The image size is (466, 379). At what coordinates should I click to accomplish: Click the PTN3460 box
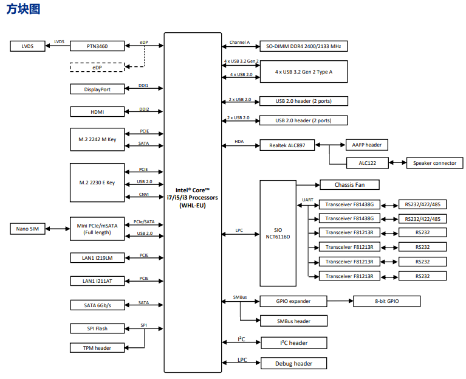tap(97, 46)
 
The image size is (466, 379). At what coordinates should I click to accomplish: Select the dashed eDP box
tap(97, 68)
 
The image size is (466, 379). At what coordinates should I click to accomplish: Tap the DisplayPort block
tap(97, 89)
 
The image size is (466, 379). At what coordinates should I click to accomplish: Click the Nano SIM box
tap(27, 229)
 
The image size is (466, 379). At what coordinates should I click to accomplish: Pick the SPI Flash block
tap(97, 329)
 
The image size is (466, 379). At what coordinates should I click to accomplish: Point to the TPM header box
tap(97, 348)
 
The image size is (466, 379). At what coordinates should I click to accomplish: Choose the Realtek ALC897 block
tap(287, 145)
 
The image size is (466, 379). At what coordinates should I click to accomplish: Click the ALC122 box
tap(368, 163)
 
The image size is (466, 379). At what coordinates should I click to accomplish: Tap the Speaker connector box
tap(434, 163)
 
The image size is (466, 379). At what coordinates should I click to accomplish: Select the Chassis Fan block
tap(349, 185)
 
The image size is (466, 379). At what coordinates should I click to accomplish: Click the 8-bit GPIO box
tap(386, 301)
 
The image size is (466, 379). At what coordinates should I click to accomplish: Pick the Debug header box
tap(293, 363)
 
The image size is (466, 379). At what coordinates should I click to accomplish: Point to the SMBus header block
tap(293, 321)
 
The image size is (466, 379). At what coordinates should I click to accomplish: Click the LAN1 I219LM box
tap(97, 258)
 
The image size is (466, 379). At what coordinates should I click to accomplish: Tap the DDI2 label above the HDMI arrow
tap(144, 109)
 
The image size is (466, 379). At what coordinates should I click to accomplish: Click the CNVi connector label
tap(144, 194)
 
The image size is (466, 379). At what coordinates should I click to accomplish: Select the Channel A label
tap(239, 42)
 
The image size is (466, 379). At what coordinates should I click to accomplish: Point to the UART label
tap(307, 200)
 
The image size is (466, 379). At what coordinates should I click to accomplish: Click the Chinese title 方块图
tap(23, 9)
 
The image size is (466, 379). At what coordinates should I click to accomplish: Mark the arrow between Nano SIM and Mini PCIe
tap(58, 229)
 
